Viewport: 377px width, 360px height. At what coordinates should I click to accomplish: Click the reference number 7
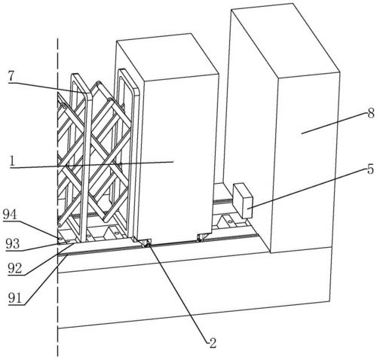[x=11, y=77]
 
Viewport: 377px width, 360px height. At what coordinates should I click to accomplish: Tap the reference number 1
[x=11, y=161]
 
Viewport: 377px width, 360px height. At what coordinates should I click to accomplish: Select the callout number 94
[x=11, y=215]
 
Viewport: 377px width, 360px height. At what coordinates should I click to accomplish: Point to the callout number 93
[x=13, y=244]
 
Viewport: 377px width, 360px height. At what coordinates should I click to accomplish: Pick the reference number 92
[x=14, y=269]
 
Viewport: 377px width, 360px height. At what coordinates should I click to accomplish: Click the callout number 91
[x=15, y=298]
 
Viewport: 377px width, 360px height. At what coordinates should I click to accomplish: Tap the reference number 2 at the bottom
[x=213, y=343]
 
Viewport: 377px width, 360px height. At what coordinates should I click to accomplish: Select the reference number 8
[x=371, y=114]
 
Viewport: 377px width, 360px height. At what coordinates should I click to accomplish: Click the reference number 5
[x=370, y=169]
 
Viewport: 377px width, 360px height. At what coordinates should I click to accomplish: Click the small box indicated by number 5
[x=243, y=200]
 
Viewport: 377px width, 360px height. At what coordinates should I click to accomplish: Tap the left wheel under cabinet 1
[x=146, y=243]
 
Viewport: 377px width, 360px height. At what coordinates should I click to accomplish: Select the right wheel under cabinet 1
[x=201, y=238]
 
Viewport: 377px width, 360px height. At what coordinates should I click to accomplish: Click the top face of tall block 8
[x=285, y=40]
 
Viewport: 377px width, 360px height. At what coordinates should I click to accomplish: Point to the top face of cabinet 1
[x=167, y=57]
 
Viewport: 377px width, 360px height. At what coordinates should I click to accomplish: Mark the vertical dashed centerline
[x=58, y=197]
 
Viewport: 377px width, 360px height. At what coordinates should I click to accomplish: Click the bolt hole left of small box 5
[x=229, y=221]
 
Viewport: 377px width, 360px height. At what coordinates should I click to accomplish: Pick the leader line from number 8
[x=334, y=124]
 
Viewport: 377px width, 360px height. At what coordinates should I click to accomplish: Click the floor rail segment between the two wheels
[x=174, y=243]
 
